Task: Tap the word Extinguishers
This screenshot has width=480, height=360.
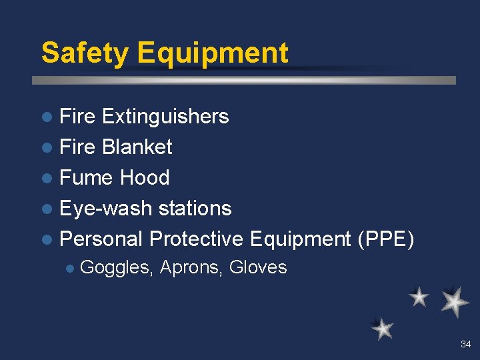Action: (x=165, y=117)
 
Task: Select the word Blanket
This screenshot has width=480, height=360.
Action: (x=137, y=147)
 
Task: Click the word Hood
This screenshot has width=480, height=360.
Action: (x=145, y=178)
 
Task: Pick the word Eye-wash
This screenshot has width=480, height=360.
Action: (x=97, y=209)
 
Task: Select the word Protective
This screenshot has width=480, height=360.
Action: (x=197, y=239)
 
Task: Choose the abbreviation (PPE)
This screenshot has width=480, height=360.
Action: (x=386, y=239)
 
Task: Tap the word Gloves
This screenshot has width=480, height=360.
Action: (x=258, y=268)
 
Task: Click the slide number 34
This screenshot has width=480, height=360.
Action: (x=465, y=345)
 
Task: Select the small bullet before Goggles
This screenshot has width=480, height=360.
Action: (x=69, y=269)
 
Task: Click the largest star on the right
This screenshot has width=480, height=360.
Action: (x=455, y=301)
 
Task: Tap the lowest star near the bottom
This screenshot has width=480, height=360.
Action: (x=383, y=329)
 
